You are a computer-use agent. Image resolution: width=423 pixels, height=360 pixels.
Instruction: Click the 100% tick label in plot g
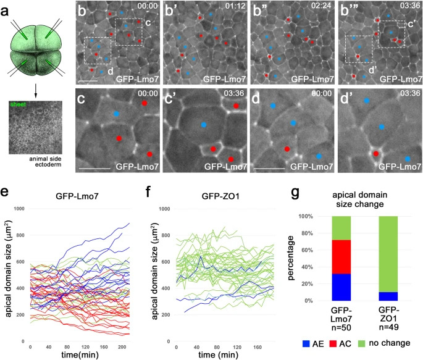pyautogui.click(x=312, y=217)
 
